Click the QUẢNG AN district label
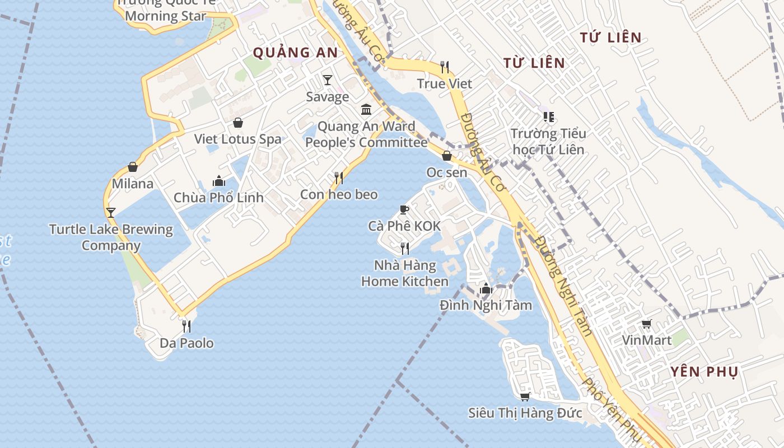click(x=295, y=53)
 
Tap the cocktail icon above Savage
click(x=328, y=80)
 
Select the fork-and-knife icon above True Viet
click(x=445, y=67)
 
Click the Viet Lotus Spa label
click(x=237, y=139)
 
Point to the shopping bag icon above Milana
click(x=133, y=167)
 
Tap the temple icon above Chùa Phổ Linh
click(x=218, y=181)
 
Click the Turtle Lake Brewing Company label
click(x=111, y=237)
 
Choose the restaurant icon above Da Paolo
click(x=186, y=326)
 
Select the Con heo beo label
click(x=339, y=194)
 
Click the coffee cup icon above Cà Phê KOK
click(x=404, y=209)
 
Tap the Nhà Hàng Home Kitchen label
click(x=405, y=273)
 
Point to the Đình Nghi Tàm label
click(x=486, y=305)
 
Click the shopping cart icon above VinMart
click(x=647, y=324)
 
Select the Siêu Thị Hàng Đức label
click(x=525, y=413)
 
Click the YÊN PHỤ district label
click(x=704, y=372)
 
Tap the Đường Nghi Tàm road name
click(x=562, y=286)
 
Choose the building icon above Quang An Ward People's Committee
click(x=366, y=109)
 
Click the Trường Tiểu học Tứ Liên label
click(x=548, y=141)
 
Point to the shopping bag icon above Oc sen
click(x=447, y=156)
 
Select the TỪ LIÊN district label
click(x=534, y=63)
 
